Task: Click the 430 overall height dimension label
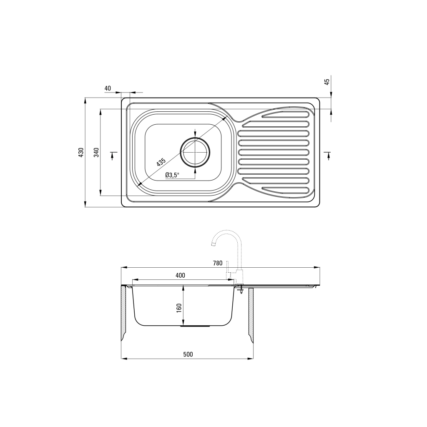(x=81, y=153)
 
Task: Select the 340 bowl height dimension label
(x=96, y=153)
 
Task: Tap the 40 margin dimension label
(x=108, y=88)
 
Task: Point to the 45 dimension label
(x=327, y=81)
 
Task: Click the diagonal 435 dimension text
(x=161, y=162)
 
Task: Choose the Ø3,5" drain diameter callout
(x=172, y=175)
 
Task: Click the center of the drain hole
(x=195, y=152)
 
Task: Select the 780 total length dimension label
(x=218, y=263)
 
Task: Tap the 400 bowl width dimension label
(x=180, y=275)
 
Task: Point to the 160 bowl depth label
(x=179, y=308)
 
